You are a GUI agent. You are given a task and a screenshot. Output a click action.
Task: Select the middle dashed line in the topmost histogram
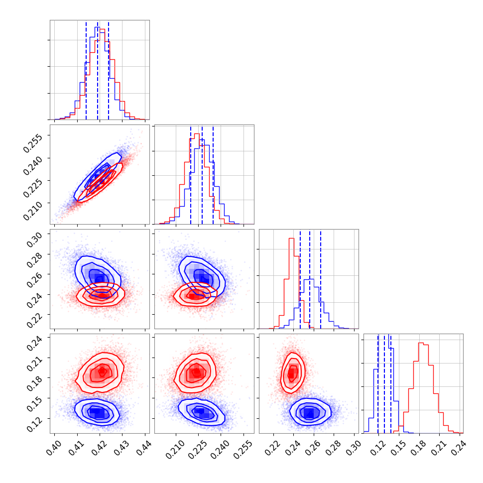coord(98,70)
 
